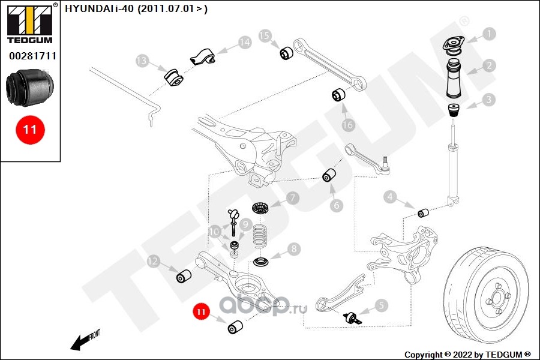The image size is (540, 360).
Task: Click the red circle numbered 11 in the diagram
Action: pos(201,312)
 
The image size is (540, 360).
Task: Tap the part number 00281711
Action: pos(32,56)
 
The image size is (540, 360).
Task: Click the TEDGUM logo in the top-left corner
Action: pos(30,23)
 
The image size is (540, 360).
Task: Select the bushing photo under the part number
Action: pos(30,88)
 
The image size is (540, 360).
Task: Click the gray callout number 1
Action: pos(488,34)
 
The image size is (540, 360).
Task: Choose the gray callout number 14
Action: pos(245,43)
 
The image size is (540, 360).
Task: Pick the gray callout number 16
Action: pos(348,125)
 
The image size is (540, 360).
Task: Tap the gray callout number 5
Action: pos(381,305)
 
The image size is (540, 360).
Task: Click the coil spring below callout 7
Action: pos(260,236)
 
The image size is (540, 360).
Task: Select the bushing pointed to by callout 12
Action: pos(184,276)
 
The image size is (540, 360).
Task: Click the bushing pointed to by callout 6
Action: pos(329,175)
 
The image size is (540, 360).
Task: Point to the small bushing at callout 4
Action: pos(423,212)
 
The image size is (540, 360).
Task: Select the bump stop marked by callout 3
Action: pos(454,110)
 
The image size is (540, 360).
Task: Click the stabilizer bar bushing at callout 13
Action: pos(173,77)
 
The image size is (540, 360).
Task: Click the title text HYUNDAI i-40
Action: pos(99,8)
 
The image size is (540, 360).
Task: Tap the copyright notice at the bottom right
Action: pos(467,355)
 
